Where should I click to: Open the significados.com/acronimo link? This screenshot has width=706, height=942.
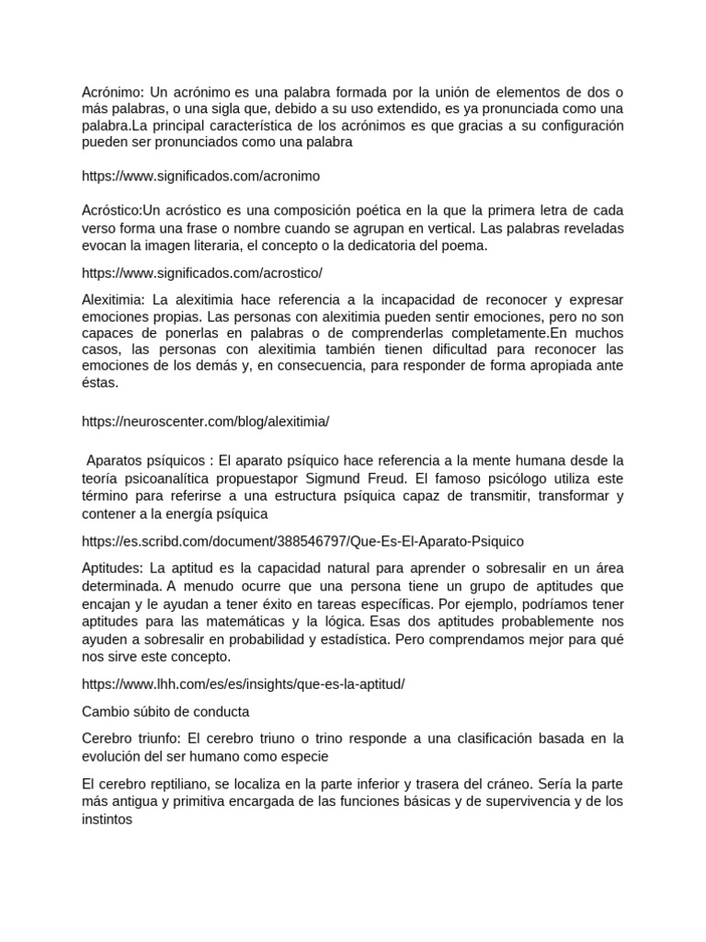(x=200, y=175)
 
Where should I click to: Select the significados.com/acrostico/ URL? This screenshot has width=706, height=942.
(x=201, y=273)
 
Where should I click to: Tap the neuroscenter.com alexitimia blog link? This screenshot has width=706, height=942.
(x=205, y=420)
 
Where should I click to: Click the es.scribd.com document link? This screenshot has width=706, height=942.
(x=302, y=542)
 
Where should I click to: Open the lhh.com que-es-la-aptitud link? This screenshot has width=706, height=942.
(x=243, y=685)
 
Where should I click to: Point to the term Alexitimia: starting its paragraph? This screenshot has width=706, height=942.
(x=113, y=300)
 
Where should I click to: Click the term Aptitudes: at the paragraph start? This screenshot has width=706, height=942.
(x=112, y=569)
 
